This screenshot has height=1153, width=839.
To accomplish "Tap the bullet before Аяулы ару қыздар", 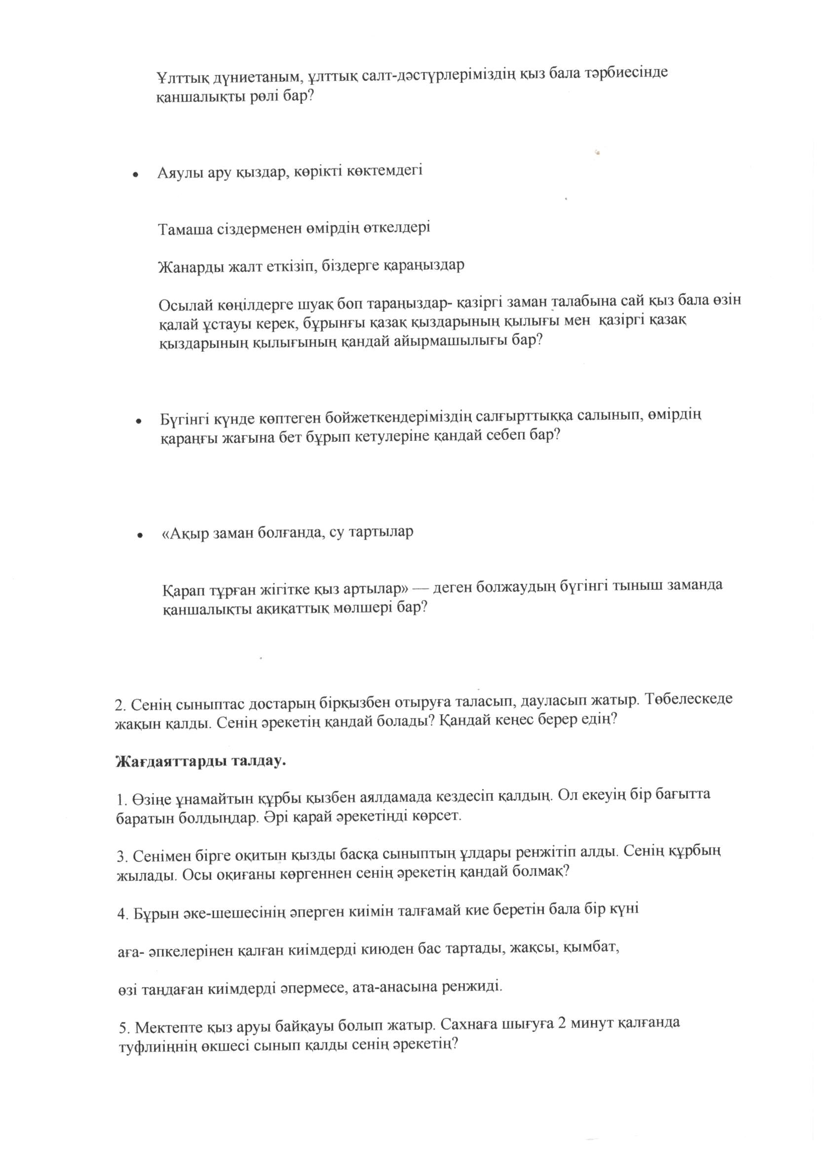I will pos(135,174).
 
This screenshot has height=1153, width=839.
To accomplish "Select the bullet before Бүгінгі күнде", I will pos(138,422).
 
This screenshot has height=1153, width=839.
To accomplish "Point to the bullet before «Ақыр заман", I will pos(138,535).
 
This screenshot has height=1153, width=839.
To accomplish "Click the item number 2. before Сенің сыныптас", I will pos(121,706).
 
